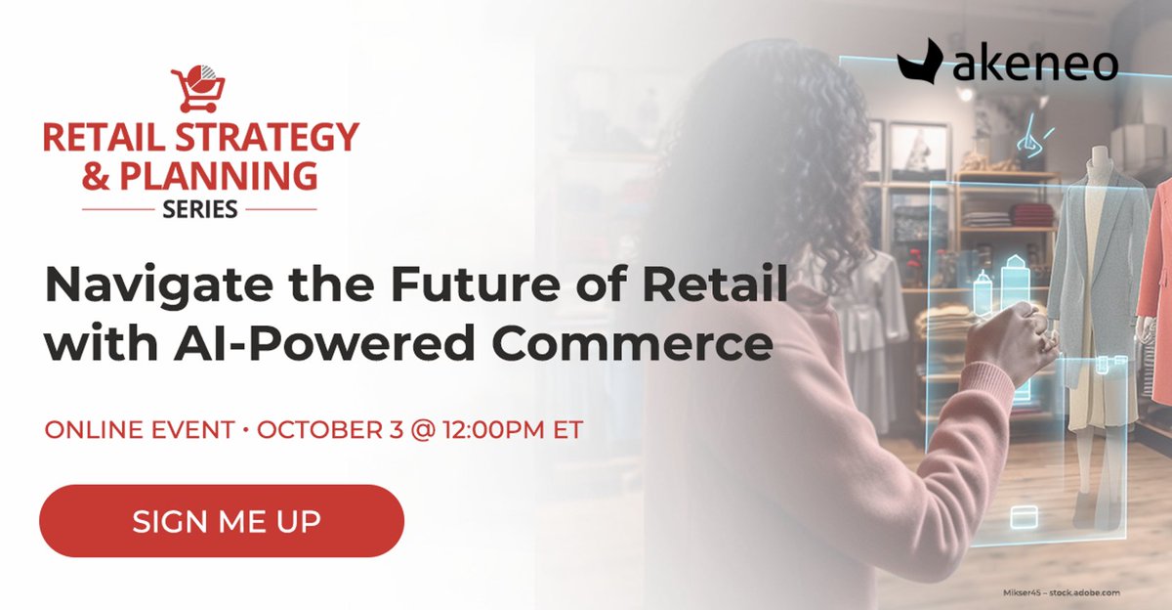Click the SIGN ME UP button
pyautogui.click(x=222, y=521)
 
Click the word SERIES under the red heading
pyautogui.click(x=199, y=209)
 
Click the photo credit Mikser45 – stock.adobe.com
pyautogui.click(x=1061, y=592)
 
